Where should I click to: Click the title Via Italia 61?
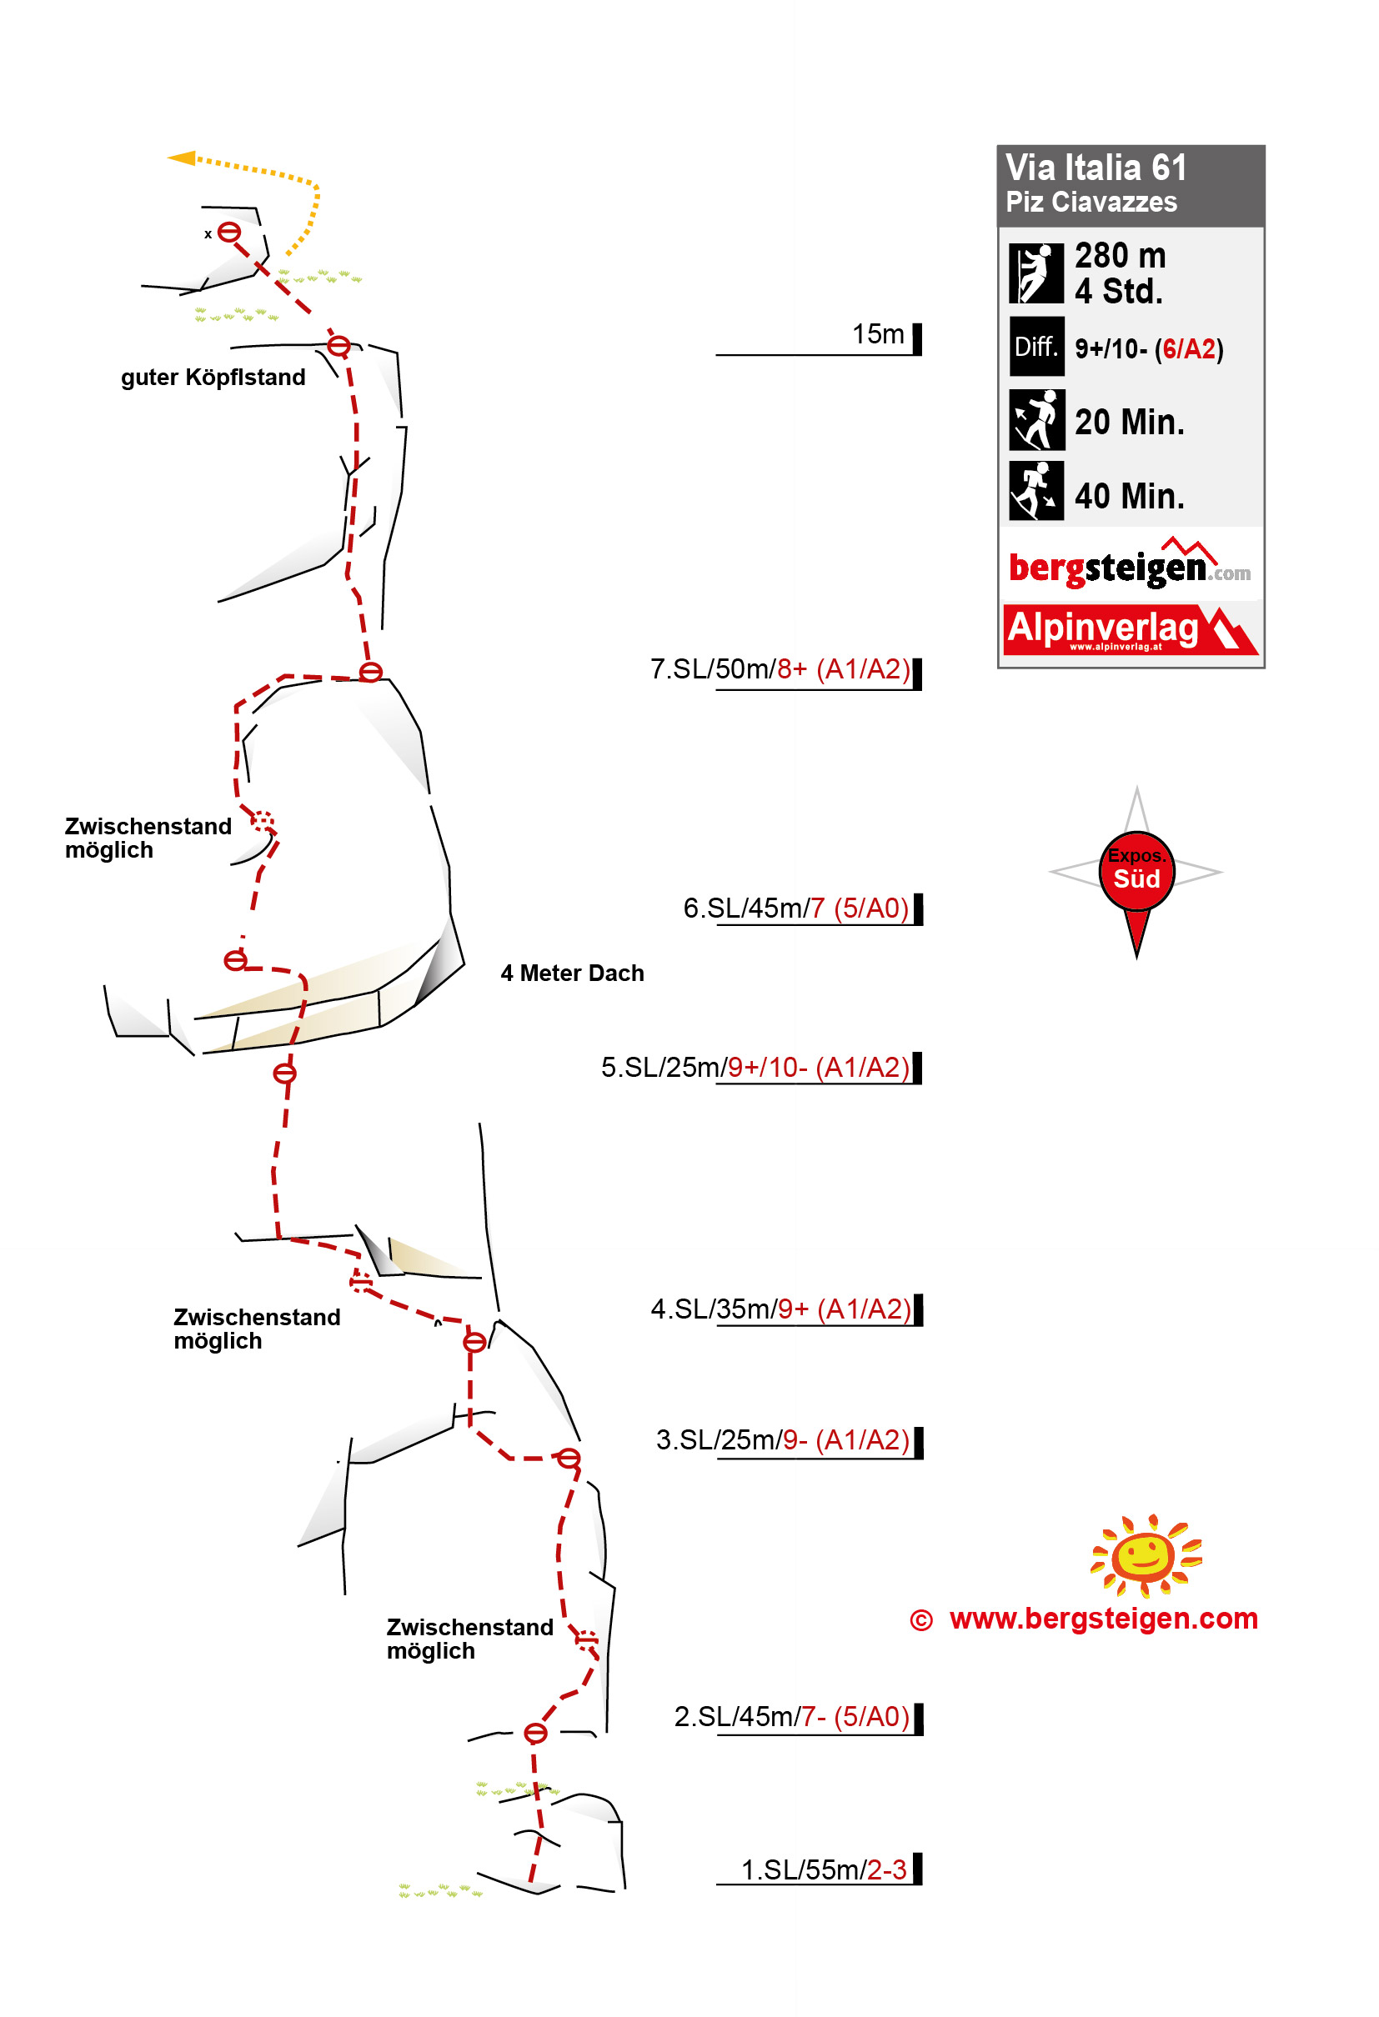point(1095,168)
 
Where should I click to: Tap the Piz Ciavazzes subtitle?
point(1091,203)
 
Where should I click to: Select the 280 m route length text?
point(1120,255)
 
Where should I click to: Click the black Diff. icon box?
point(1036,346)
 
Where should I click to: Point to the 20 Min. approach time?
point(1129,422)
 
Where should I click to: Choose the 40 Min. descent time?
point(1129,496)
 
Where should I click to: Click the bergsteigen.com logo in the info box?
point(1129,563)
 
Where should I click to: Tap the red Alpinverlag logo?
point(1130,629)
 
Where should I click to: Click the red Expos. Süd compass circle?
point(1136,870)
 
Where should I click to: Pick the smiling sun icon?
point(1146,1555)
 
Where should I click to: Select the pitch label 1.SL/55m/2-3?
point(823,1869)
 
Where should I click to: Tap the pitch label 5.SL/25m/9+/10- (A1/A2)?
point(755,1067)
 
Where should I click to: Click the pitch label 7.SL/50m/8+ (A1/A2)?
point(780,668)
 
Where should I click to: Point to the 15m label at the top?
point(877,333)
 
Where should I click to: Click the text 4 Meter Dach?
point(572,973)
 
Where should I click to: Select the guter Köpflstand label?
point(213,377)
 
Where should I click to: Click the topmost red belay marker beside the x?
point(228,232)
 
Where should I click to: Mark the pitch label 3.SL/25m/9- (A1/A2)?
point(782,1440)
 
